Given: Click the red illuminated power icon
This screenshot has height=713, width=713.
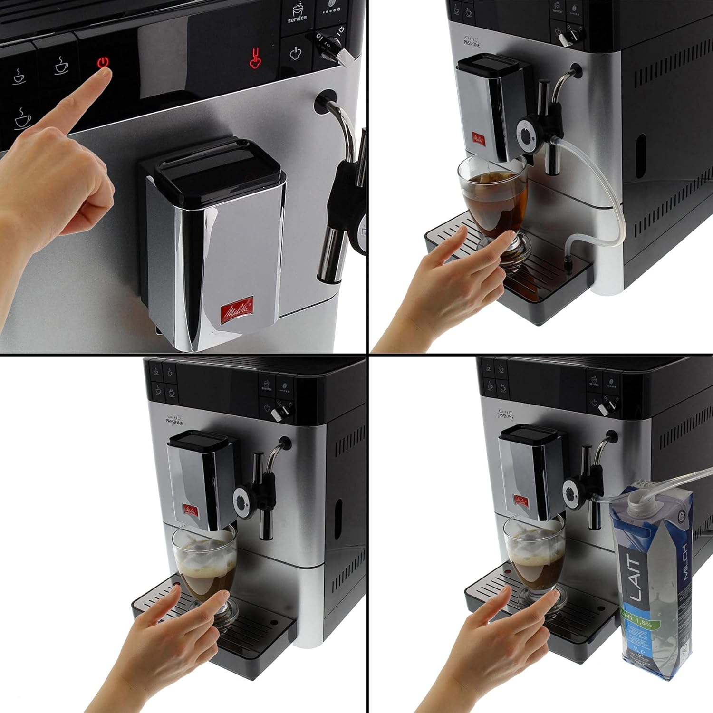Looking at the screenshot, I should [x=104, y=63].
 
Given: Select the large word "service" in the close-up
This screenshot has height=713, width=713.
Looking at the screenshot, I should [x=297, y=19].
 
